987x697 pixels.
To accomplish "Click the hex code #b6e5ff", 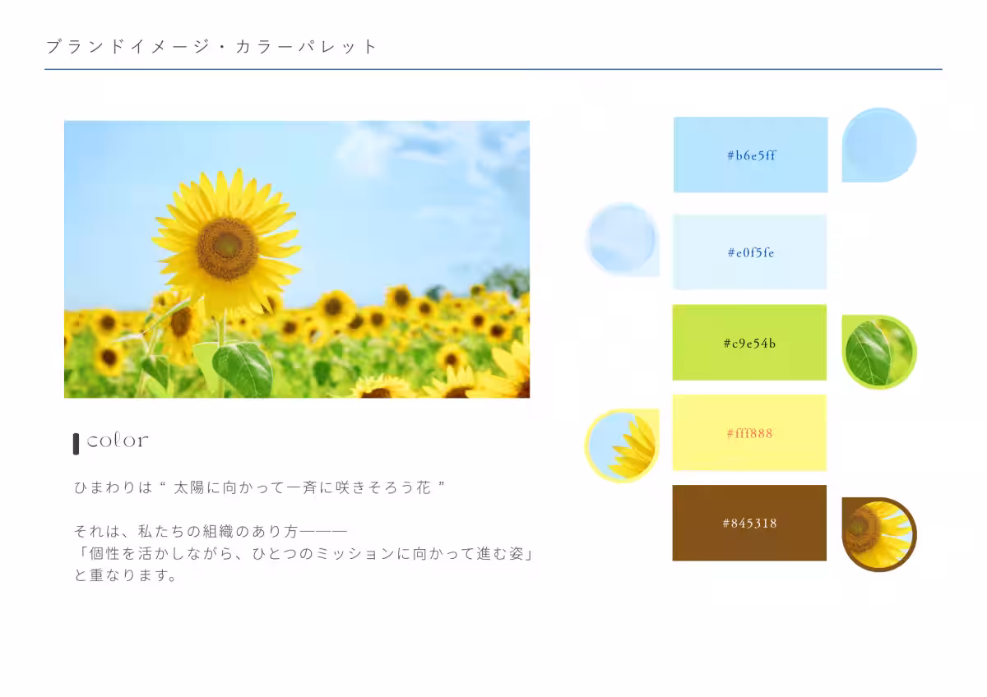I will click(751, 155).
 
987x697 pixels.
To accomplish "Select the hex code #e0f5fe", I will click(750, 253).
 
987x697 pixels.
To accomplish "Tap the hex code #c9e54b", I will click(749, 344).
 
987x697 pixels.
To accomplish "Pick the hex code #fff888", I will click(749, 433).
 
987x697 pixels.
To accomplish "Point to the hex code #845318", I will click(749, 523).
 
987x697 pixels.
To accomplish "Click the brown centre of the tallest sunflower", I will click(227, 247).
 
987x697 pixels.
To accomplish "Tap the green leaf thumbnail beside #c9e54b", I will click(878, 353).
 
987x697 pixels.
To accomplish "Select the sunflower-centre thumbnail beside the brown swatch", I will click(878, 533).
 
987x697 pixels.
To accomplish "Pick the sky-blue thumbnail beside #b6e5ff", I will click(878, 145).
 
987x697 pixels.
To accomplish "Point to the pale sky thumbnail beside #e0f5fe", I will click(623, 239).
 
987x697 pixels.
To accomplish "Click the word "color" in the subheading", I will click(118, 441).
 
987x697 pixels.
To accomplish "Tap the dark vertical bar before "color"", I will click(76, 443).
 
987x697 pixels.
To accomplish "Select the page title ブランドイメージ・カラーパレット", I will click(211, 47).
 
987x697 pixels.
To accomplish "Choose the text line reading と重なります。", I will click(126, 575).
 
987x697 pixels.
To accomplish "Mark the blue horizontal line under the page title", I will click(493, 70).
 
